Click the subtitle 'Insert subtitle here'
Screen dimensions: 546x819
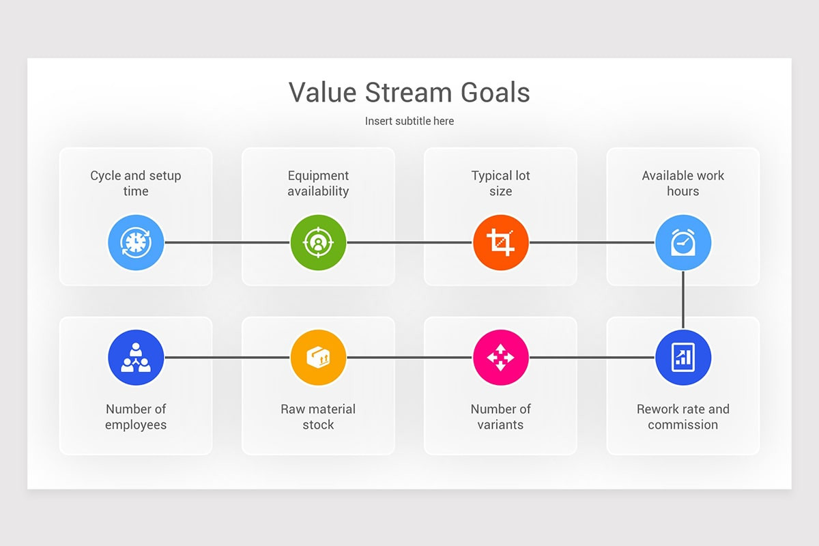409,121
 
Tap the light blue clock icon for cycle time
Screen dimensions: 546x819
136,242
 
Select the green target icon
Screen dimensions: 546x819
318,242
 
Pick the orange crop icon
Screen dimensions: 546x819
500,242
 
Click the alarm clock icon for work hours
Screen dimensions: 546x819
683,242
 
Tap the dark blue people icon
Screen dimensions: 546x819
136,358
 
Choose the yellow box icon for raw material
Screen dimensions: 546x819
318,358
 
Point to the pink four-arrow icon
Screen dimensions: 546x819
500,358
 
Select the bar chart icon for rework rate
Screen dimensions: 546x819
683,358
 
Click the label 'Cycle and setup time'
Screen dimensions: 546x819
136,183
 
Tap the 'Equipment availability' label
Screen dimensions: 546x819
318,183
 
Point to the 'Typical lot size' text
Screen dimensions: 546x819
500,183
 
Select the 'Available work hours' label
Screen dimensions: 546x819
683,183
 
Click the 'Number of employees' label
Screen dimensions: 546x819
136,416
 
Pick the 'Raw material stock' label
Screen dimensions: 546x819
318,416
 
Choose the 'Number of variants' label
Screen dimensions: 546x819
500,416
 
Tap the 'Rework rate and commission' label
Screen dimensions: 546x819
683,416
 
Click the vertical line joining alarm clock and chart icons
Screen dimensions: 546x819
683,300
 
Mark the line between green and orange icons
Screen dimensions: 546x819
409,242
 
